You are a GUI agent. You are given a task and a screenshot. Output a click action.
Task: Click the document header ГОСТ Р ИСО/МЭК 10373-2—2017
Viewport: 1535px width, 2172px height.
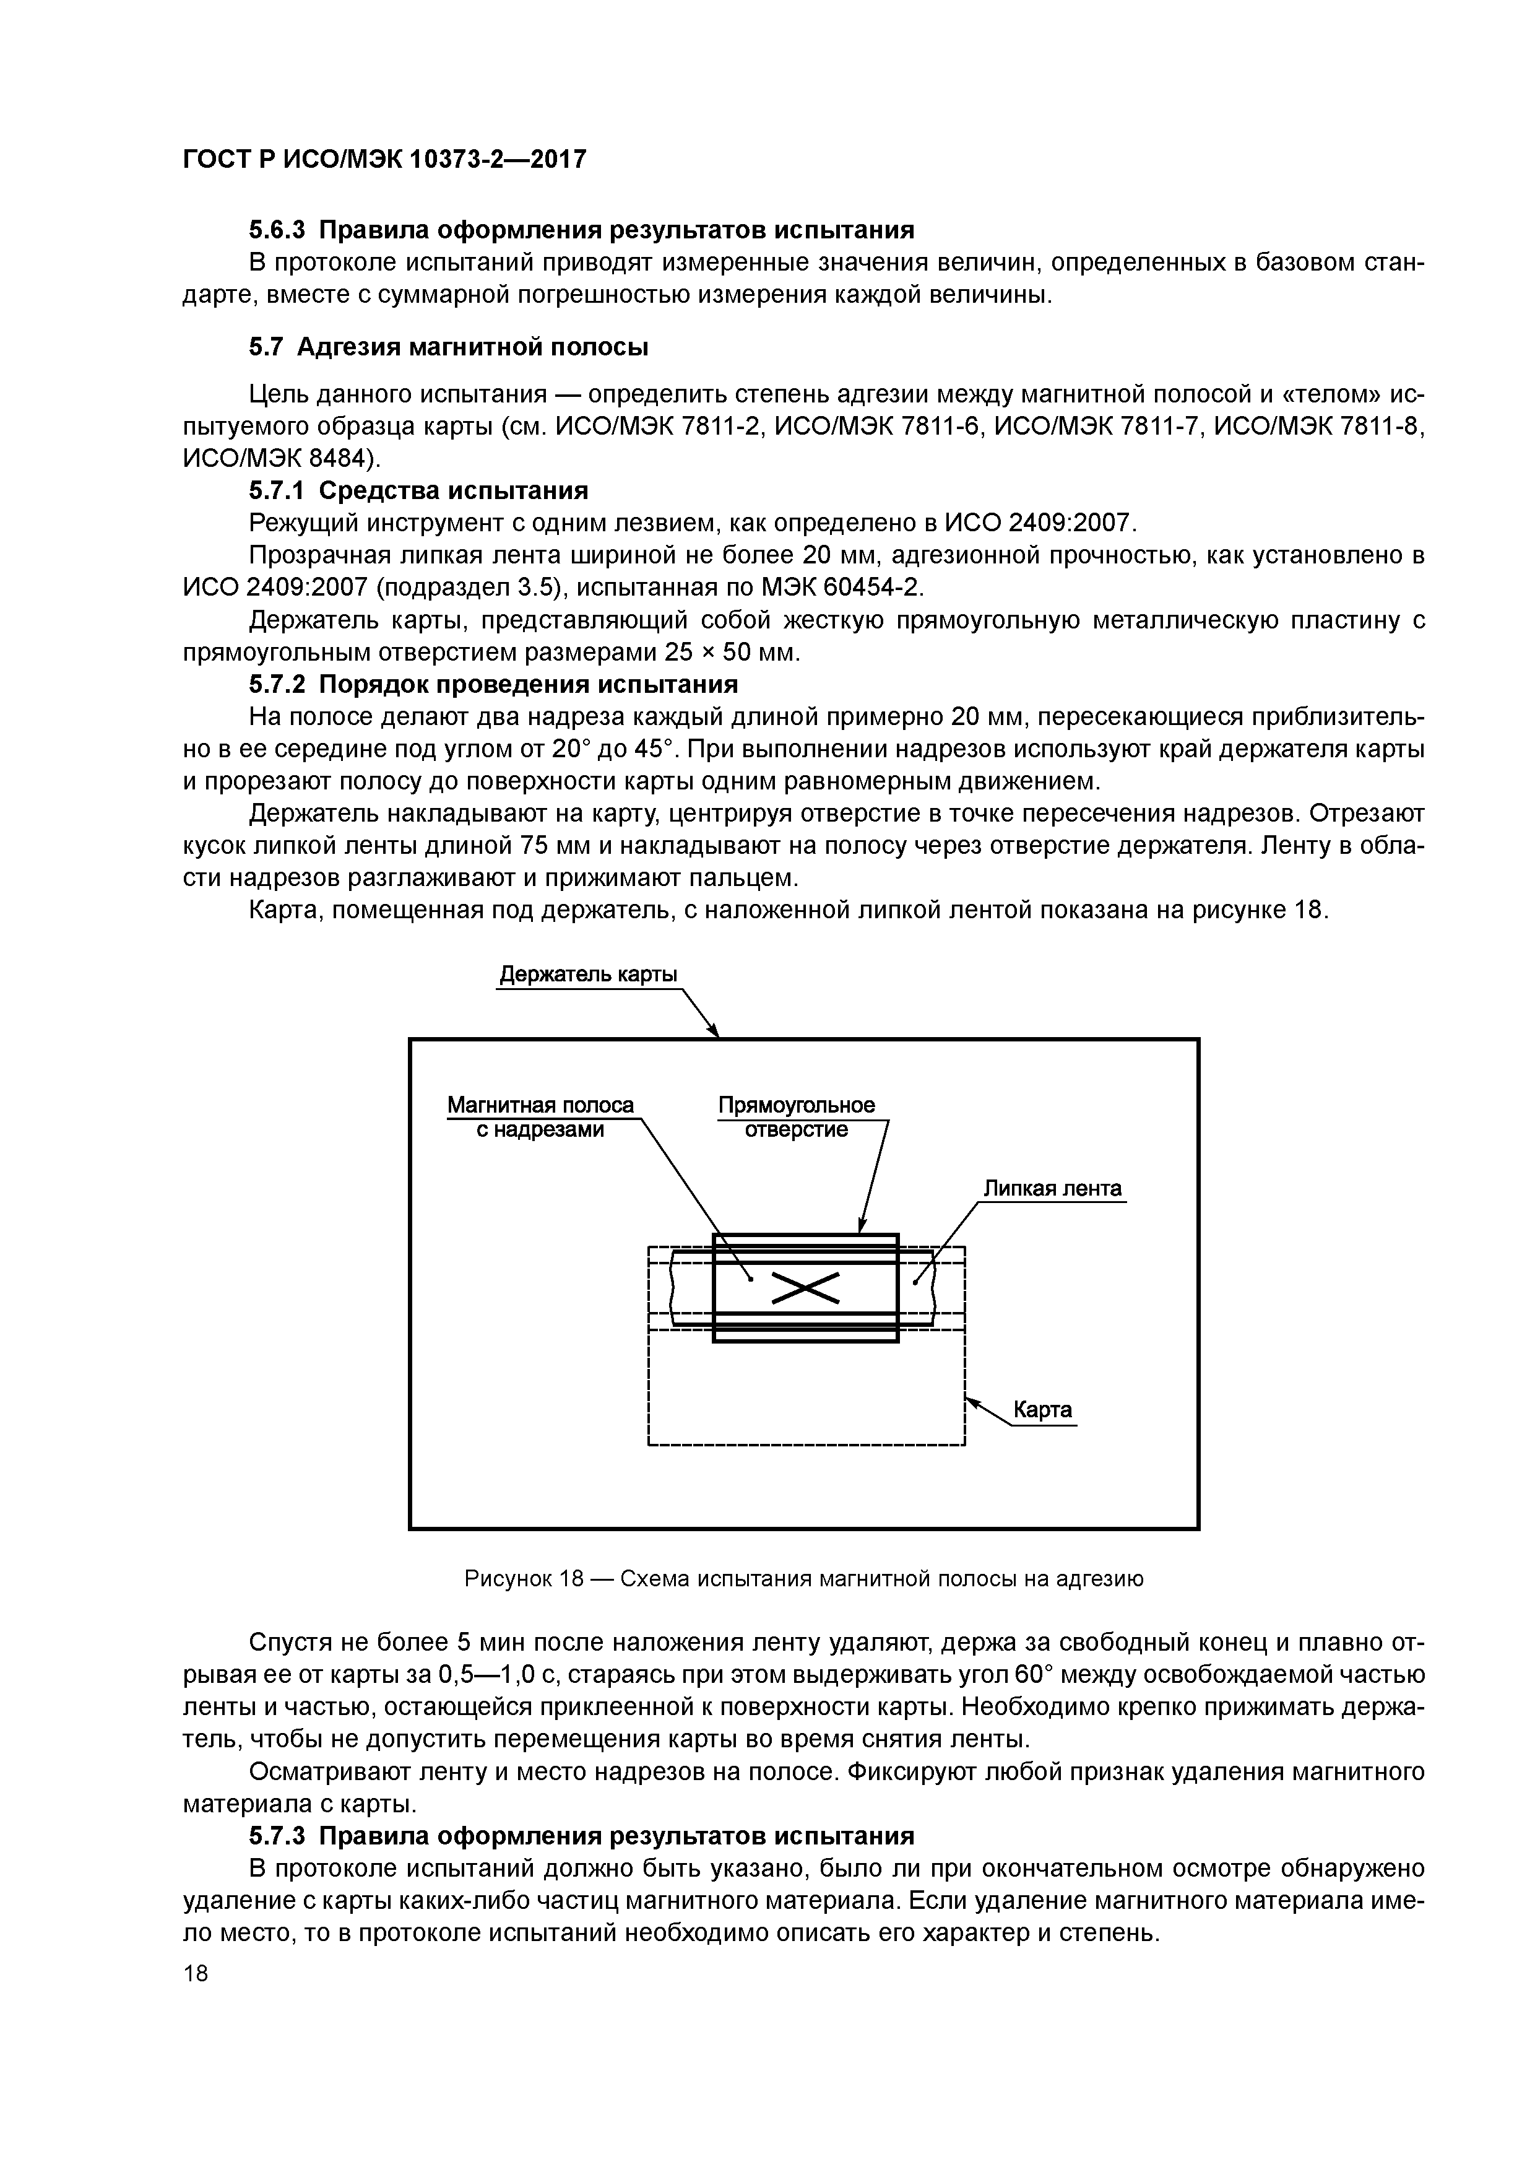[x=384, y=159]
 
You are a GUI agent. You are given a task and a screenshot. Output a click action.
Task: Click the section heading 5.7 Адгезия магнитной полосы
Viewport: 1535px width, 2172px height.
[x=448, y=347]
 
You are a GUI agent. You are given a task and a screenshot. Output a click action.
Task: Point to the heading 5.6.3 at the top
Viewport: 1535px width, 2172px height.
[x=581, y=230]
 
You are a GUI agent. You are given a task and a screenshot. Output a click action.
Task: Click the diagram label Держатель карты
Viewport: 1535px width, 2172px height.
[x=588, y=975]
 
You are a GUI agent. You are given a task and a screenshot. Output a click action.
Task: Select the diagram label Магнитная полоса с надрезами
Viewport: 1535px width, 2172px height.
[x=540, y=1117]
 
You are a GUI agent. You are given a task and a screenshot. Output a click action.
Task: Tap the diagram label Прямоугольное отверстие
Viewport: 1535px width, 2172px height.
[x=797, y=1117]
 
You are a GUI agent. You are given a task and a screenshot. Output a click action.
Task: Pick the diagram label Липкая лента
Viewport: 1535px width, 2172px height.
[x=1052, y=1188]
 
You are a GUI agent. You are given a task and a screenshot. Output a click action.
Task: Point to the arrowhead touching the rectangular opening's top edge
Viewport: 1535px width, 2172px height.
[x=862, y=1227]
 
